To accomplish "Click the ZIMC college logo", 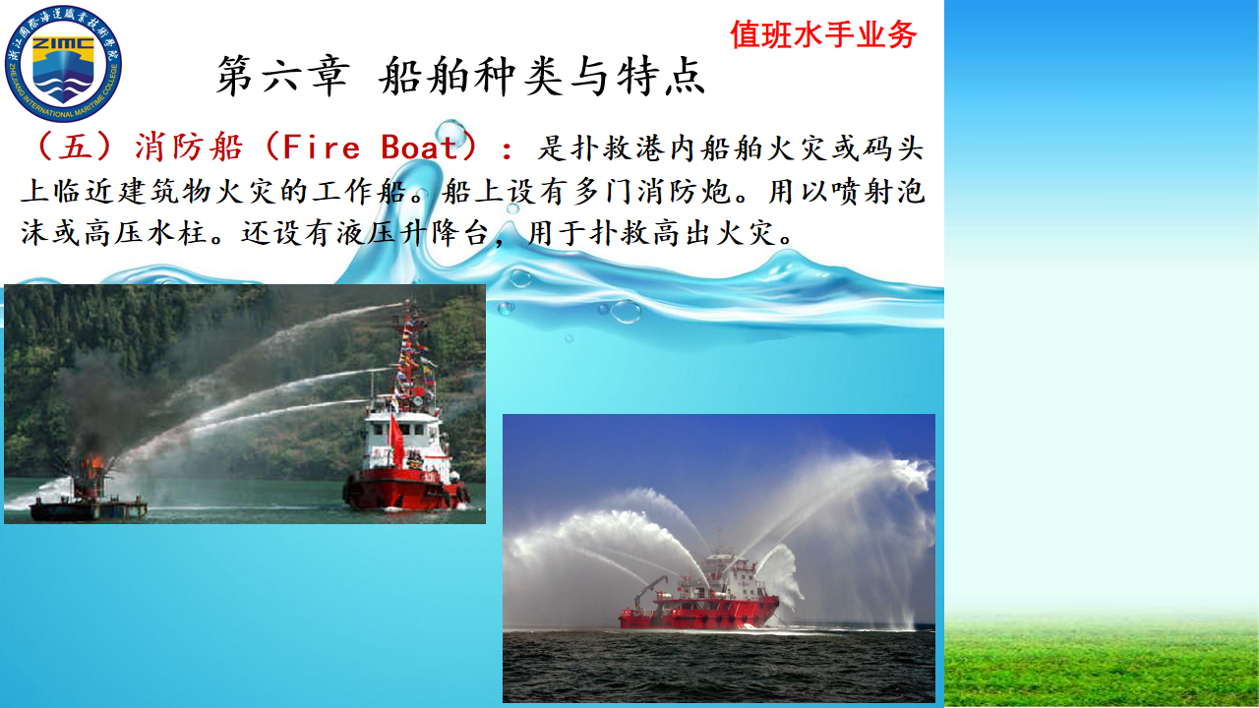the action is click(x=63, y=64).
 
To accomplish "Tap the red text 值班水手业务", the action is click(x=823, y=34).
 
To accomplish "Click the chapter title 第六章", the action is click(x=282, y=76).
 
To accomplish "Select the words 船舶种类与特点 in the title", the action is click(x=542, y=76).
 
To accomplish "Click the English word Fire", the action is click(x=321, y=147).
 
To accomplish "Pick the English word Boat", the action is click(x=420, y=147).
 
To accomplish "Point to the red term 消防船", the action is click(x=189, y=147).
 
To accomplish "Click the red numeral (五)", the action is click(x=74, y=147).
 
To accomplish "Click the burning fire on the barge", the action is click(x=93, y=466).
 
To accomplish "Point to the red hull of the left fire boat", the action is click(x=404, y=489).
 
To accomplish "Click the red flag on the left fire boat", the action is click(x=395, y=439).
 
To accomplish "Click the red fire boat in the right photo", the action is click(x=699, y=600).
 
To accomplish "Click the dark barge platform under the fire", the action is click(x=89, y=509).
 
